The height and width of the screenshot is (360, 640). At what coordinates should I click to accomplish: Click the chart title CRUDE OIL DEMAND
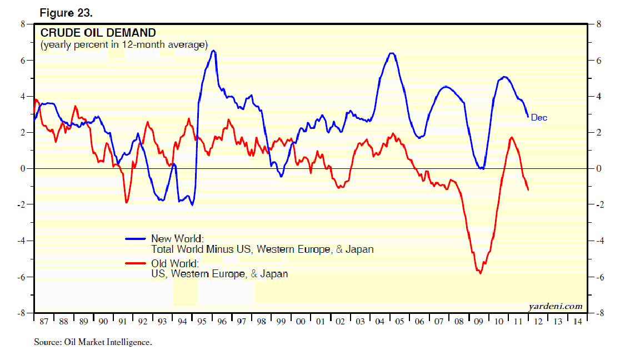pos(98,33)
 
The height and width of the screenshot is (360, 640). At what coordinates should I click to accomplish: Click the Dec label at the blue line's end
pos(539,117)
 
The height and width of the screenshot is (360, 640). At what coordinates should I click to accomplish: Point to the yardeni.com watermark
pos(556,306)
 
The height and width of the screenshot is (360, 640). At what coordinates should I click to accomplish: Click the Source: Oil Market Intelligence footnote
pos(93,342)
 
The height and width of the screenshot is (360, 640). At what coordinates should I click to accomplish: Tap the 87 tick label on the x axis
pos(44,322)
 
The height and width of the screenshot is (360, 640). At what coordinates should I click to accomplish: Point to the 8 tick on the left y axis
pos(23,24)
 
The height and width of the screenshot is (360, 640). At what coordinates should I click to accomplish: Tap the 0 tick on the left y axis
pos(23,169)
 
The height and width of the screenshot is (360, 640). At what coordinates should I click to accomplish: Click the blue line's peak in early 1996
pos(214,51)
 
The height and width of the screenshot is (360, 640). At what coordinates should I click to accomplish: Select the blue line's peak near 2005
pos(392,53)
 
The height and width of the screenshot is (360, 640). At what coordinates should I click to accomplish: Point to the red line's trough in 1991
pos(126,202)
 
